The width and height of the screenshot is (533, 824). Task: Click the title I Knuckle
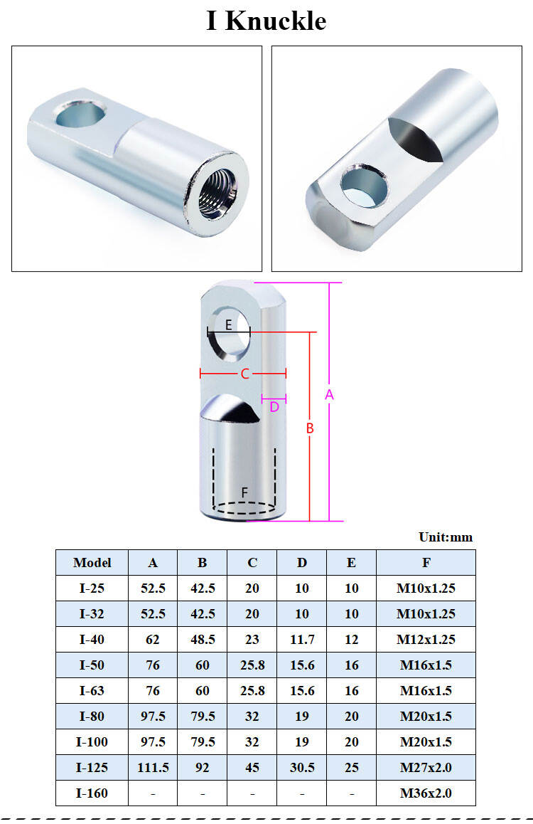[x=266, y=21]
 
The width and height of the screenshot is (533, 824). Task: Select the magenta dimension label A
[x=329, y=395]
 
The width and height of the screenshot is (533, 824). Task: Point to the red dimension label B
[x=310, y=428]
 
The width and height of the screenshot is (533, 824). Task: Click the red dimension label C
[x=244, y=374]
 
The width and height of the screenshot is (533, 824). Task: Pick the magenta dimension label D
[x=274, y=407]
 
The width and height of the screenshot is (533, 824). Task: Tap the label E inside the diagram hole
[x=228, y=324]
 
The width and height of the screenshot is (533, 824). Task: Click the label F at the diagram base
[x=244, y=492]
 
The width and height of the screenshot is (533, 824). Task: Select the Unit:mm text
[x=446, y=537]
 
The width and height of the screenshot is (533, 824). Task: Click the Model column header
[x=92, y=563]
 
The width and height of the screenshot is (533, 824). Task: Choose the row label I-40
[x=92, y=640]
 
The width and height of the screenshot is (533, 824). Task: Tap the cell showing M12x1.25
[x=426, y=640]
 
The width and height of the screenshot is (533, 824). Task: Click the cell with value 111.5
[x=153, y=768]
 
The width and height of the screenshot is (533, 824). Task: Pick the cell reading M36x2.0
[x=426, y=793]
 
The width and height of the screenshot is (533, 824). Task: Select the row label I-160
[x=92, y=793]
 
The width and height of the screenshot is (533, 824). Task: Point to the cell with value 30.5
[x=302, y=768]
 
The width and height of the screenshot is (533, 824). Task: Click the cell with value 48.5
[x=203, y=640]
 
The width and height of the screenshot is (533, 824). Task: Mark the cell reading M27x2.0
[x=426, y=768]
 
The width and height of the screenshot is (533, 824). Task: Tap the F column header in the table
[x=426, y=563]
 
